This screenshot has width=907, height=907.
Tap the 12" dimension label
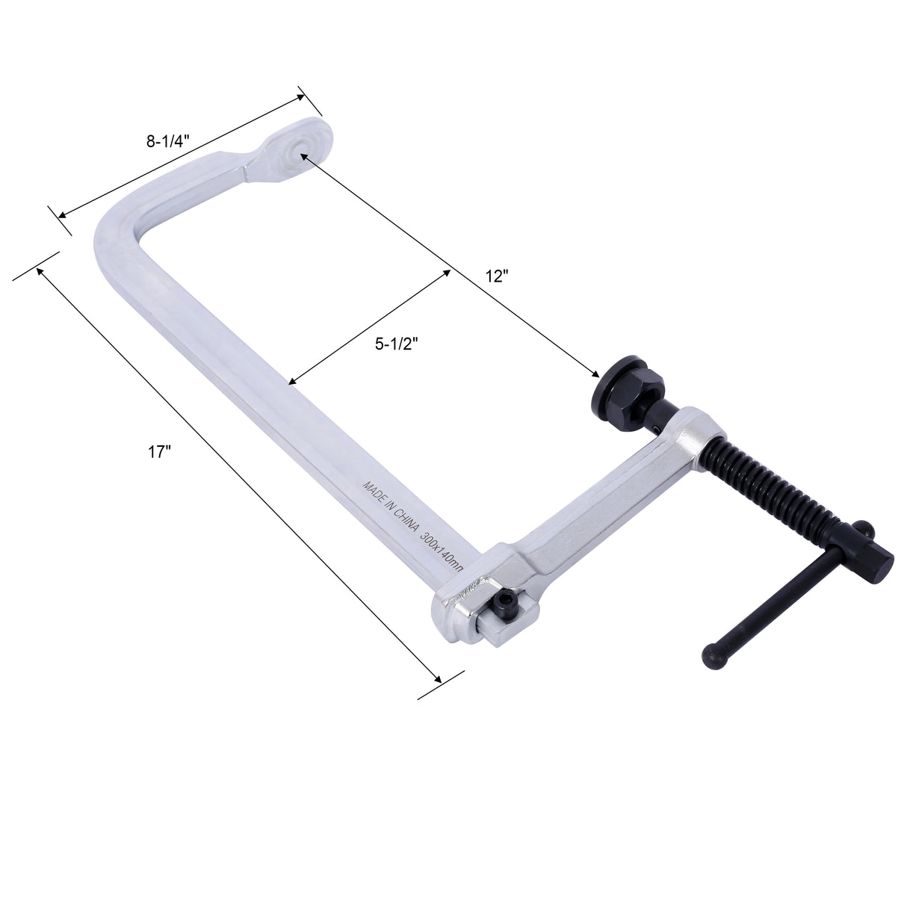496,276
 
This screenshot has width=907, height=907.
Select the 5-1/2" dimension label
395,343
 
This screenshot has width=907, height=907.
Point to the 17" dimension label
160,452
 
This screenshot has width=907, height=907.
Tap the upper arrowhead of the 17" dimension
40,270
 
